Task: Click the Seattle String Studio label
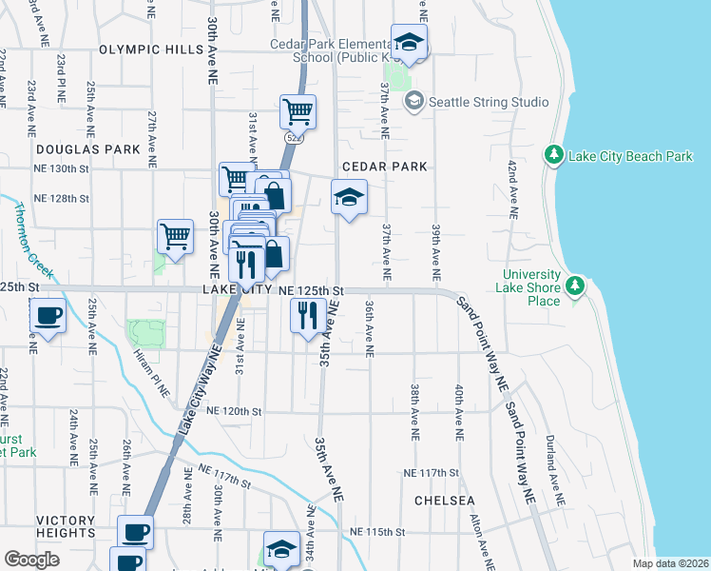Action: click(x=489, y=102)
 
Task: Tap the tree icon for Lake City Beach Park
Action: click(x=552, y=154)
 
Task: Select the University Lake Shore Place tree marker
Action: click(x=574, y=285)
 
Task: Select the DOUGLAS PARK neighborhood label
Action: click(x=87, y=149)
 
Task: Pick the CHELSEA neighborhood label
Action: click(x=444, y=500)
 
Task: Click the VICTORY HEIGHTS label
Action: click(x=66, y=521)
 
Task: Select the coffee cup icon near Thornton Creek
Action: click(x=48, y=316)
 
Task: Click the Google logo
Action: click(x=31, y=560)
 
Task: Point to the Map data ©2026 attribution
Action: click(x=669, y=563)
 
